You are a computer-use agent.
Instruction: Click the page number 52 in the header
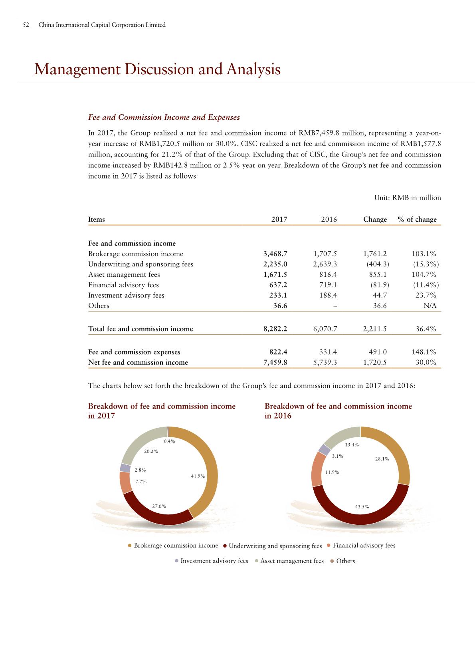click(26, 25)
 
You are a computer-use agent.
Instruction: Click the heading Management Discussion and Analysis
click(157, 69)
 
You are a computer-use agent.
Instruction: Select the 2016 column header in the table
click(329, 219)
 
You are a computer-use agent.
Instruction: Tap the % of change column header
click(417, 219)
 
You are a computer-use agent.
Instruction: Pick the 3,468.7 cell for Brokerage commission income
click(275, 254)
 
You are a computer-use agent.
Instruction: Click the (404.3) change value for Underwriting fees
click(378, 264)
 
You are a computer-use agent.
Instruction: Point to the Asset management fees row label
click(124, 274)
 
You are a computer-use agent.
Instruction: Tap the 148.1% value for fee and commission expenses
click(424, 352)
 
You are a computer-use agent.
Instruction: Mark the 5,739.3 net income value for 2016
click(325, 362)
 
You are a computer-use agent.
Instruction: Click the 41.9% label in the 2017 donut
click(198, 476)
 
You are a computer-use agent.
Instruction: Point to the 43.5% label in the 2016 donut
click(362, 507)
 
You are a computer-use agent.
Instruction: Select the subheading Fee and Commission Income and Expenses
click(164, 117)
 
